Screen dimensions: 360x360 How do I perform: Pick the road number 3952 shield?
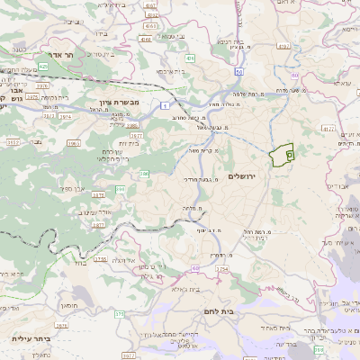click(12, 141)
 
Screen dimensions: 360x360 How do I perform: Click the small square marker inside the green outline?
click(289, 155)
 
